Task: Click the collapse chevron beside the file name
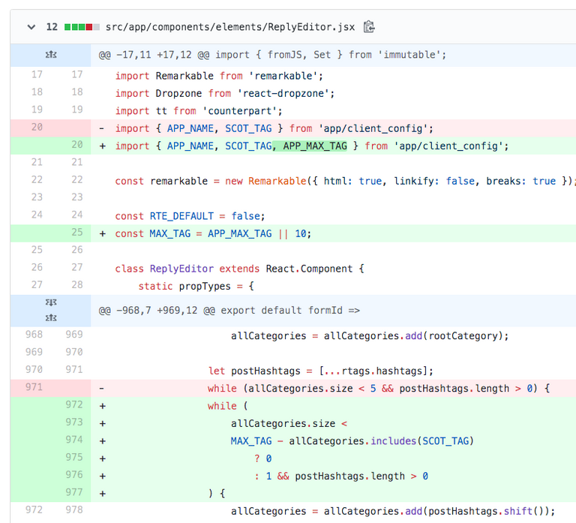pos(31,27)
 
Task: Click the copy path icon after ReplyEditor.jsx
pos(369,27)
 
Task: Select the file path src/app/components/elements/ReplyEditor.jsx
pos(230,27)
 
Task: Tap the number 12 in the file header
pos(52,27)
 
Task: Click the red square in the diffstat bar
pos(89,27)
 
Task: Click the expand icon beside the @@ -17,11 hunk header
pos(51,55)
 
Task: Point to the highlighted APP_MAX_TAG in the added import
pos(315,146)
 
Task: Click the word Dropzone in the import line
pos(178,93)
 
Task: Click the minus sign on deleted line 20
pos(102,128)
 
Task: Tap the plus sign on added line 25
pos(103,234)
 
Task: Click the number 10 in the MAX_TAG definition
pos(301,234)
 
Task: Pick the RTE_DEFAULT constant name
pos(181,216)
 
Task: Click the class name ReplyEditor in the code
pos(181,269)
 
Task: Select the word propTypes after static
pos(205,287)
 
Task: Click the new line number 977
pos(74,492)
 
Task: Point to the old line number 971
pos(34,387)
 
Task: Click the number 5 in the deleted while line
pos(373,389)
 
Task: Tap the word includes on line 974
pos(393,441)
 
